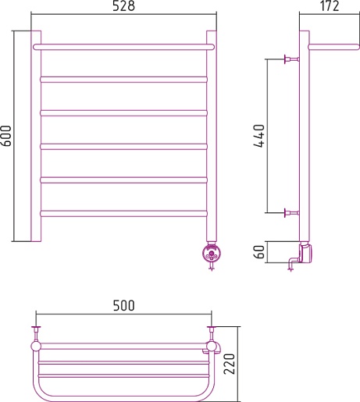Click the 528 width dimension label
tap(123, 6)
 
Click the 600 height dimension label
tap(6, 136)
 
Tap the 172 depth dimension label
tap(330, 6)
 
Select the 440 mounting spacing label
tap(259, 136)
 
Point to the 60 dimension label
tap(259, 252)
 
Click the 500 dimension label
tap(124, 306)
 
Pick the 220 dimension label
tap(230, 364)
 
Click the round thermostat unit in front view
tap(212, 253)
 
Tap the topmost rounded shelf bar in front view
tap(123, 47)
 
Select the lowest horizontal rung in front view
tap(123, 214)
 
